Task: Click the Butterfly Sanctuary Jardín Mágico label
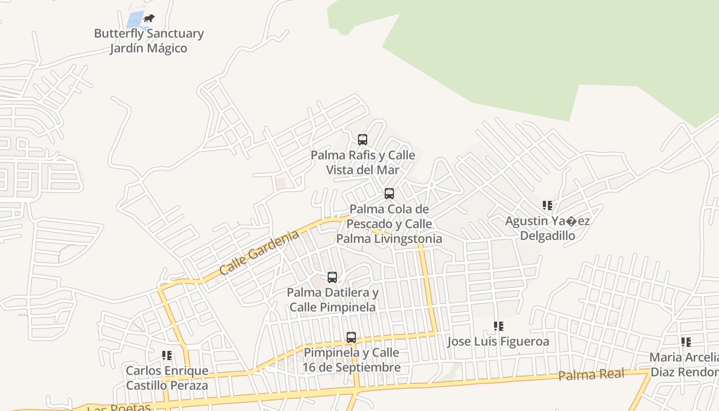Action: tap(149, 41)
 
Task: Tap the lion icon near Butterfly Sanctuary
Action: tap(149, 18)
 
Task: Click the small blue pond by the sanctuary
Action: tap(135, 21)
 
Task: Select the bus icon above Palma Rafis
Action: tap(363, 139)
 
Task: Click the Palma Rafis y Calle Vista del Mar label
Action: tap(363, 162)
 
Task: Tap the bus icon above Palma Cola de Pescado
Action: tap(389, 194)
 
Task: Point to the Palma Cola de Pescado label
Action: tap(389, 224)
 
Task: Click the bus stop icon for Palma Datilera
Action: tap(332, 277)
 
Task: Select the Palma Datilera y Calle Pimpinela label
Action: tap(332, 300)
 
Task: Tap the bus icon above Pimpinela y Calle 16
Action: tap(351, 338)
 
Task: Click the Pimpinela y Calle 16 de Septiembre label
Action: tap(351, 360)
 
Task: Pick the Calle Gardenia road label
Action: tap(259, 252)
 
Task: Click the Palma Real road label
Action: tap(591, 375)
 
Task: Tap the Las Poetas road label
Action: tap(119, 407)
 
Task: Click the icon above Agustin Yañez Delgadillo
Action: tap(547, 206)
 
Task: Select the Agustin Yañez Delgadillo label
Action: tap(547, 228)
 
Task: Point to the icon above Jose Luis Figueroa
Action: tap(498, 326)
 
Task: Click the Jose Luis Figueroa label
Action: tap(498, 342)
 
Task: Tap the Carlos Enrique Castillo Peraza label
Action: tap(167, 378)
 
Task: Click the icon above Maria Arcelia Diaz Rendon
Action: tap(686, 342)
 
